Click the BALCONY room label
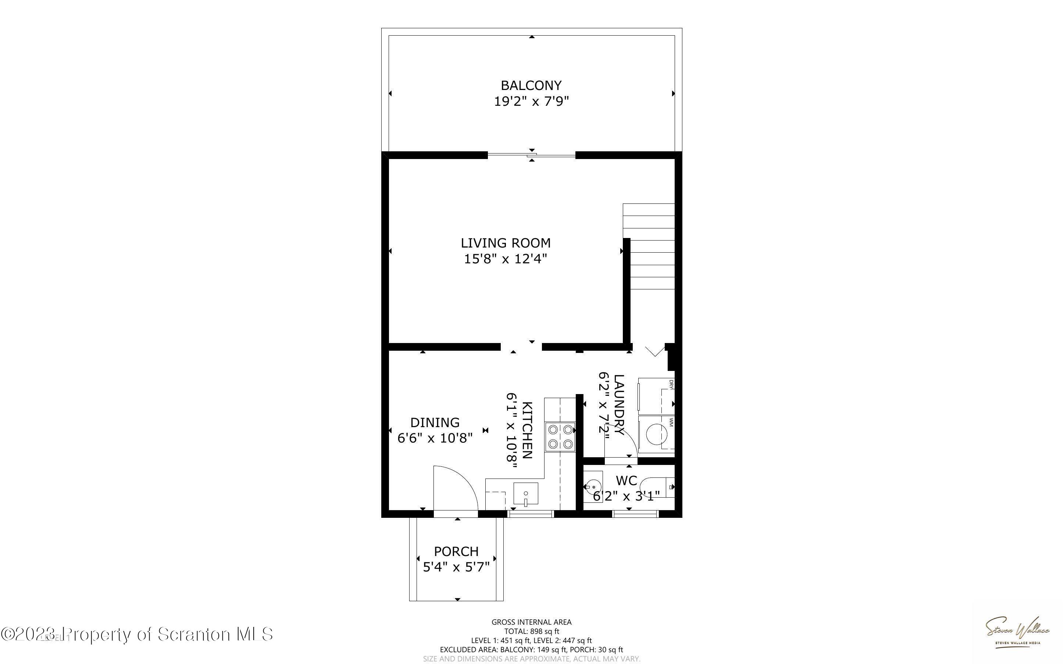531,85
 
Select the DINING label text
435,422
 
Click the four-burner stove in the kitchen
560,437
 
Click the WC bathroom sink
593,487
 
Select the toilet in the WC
657,487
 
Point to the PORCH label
456,552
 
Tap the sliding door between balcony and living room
531,155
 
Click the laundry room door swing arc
621,444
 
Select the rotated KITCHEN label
527,430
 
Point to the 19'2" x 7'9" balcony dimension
531,101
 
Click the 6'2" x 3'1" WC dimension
626,496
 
